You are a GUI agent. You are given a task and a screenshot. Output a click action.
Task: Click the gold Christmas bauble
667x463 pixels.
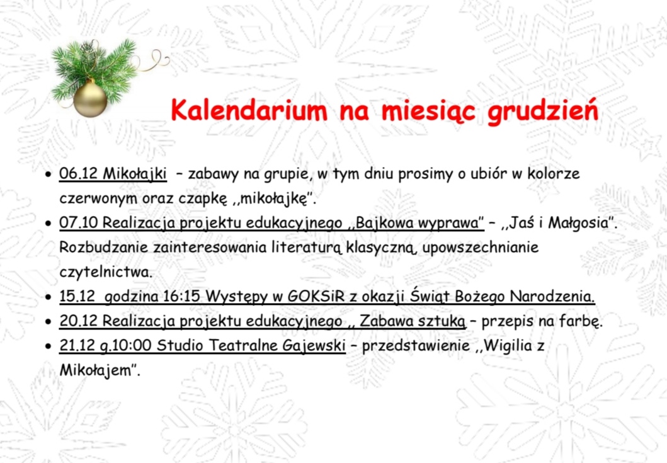[90, 100]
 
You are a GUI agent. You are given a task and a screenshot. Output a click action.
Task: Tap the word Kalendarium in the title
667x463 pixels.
[249, 110]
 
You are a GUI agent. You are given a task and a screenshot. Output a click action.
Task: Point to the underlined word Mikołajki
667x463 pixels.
[135, 174]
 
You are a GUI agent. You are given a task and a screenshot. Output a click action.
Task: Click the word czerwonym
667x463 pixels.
[98, 199]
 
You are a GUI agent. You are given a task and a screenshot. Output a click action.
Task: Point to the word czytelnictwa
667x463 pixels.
[105, 272]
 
